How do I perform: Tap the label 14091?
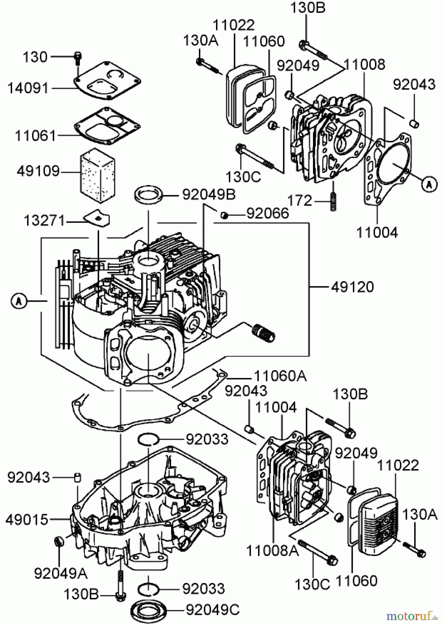tap(29, 88)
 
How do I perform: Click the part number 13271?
tap(44, 220)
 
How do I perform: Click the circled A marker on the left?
tap(19, 301)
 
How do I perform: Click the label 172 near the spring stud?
tap(299, 200)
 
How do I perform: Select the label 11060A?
tap(280, 376)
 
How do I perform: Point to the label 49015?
tap(27, 520)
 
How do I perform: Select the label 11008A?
tap(272, 551)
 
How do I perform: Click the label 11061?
tap(35, 136)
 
